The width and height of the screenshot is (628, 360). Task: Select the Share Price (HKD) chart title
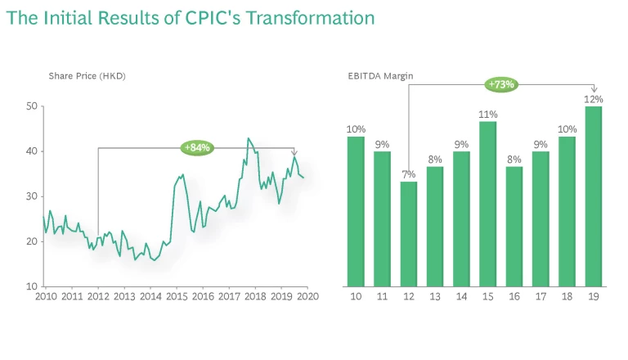[x=87, y=76]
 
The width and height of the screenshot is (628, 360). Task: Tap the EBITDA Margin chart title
[x=380, y=76]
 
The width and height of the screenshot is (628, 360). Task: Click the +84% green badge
[x=197, y=147]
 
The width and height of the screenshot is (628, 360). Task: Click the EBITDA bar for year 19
[x=594, y=196]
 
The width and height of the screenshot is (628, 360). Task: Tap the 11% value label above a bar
[x=488, y=114]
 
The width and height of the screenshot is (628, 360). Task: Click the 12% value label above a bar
[x=594, y=99]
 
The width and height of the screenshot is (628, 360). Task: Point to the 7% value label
[x=409, y=174]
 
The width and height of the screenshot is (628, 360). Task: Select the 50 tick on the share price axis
[x=32, y=106]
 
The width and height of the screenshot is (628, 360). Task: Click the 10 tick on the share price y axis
[x=32, y=286]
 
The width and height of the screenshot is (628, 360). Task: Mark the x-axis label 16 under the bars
[x=514, y=296]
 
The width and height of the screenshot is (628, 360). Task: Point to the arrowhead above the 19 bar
[x=594, y=88]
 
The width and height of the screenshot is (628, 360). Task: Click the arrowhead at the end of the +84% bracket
[x=294, y=152]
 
